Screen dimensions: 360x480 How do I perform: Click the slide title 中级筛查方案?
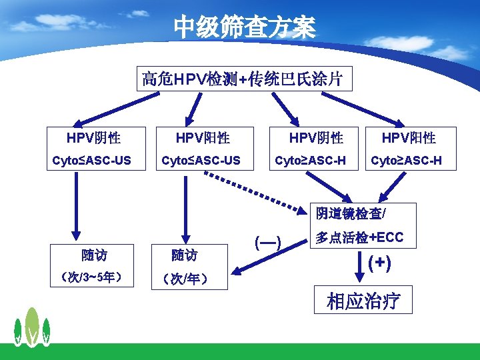point(244,28)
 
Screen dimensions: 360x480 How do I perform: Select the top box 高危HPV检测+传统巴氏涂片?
point(243,79)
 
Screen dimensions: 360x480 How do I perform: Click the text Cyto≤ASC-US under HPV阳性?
point(201,160)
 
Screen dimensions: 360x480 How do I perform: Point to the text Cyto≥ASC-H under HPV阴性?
point(311,160)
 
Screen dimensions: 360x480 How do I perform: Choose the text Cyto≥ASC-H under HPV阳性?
point(406,160)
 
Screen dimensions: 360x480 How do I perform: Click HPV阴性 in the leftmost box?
point(93,138)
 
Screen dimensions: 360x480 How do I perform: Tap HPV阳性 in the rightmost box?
point(409,138)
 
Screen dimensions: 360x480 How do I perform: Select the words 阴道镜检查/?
point(351,213)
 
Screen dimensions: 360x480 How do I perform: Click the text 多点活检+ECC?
point(360,238)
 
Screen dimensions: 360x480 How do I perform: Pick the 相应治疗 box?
point(363,301)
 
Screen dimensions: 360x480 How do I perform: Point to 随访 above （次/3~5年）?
point(94,255)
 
